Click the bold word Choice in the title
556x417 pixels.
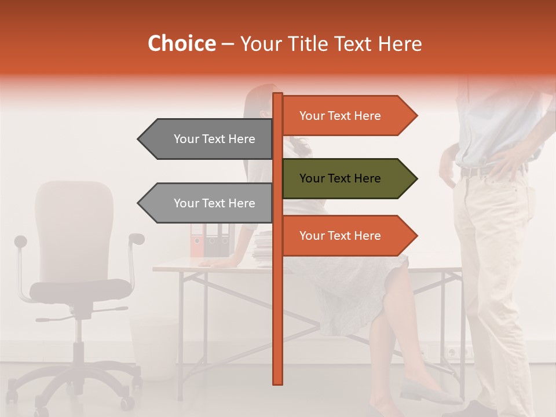click(181, 43)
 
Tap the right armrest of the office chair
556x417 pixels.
click(137, 238)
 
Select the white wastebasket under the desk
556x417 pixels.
click(153, 348)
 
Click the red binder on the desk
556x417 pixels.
click(197, 240)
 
